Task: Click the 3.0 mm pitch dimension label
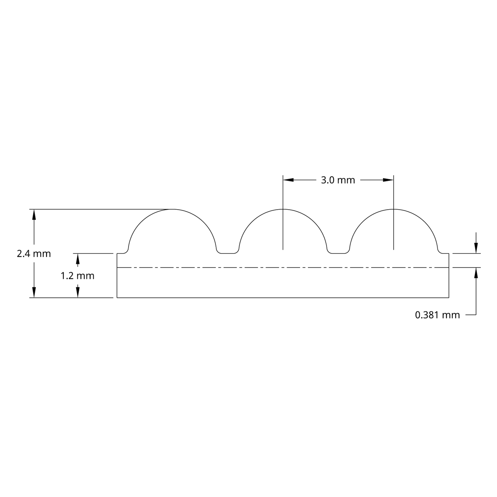pyautogui.click(x=338, y=180)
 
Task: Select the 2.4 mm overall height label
pyautogui.click(x=34, y=254)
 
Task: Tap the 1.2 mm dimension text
pyautogui.click(x=78, y=276)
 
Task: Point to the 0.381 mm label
pyautogui.click(x=437, y=315)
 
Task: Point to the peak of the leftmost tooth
pyautogui.click(x=172, y=209)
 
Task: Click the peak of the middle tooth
pyautogui.click(x=283, y=209)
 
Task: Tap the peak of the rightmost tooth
pyautogui.click(x=394, y=209)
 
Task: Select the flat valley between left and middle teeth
pyautogui.click(x=228, y=253)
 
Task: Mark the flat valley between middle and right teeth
pyautogui.click(x=339, y=253)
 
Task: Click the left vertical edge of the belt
pyautogui.click(x=117, y=276)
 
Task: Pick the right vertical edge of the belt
pyautogui.click(x=449, y=276)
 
